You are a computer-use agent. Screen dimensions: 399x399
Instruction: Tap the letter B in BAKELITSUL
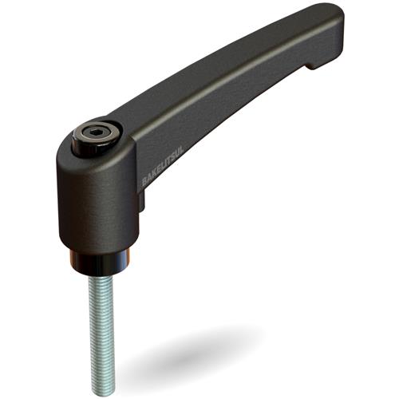(x=145, y=183)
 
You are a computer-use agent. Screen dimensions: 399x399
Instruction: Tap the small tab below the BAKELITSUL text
(x=142, y=204)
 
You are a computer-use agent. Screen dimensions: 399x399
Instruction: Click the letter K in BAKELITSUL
(x=153, y=177)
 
